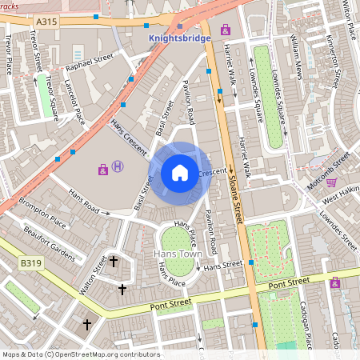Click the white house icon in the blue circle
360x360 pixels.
[x=180, y=172]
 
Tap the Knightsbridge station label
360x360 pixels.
[x=180, y=38]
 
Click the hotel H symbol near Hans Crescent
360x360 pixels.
[x=118, y=166]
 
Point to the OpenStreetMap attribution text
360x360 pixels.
[x=80, y=354]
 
